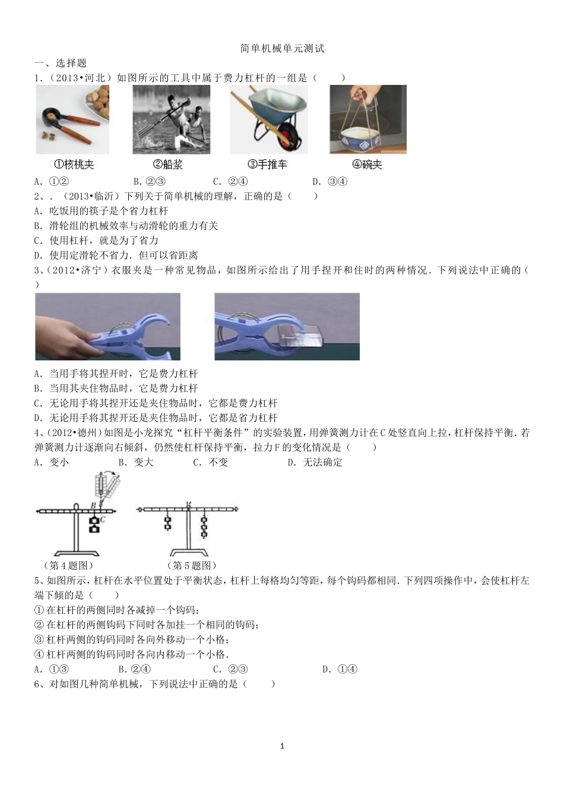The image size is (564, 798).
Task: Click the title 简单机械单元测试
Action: [x=282, y=49]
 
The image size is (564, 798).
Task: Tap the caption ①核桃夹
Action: [x=73, y=164]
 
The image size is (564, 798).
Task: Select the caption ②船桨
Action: [x=167, y=164]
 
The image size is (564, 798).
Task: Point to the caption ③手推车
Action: [x=267, y=164]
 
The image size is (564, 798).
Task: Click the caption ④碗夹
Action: [x=367, y=164]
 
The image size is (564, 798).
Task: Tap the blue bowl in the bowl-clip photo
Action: [x=365, y=137]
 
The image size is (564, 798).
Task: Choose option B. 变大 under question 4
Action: [x=135, y=463]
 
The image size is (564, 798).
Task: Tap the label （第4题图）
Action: [x=68, y=565]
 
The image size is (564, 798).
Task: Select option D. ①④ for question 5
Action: [x=340, y=669]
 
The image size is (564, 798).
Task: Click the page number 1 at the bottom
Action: [x=282, y=746]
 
